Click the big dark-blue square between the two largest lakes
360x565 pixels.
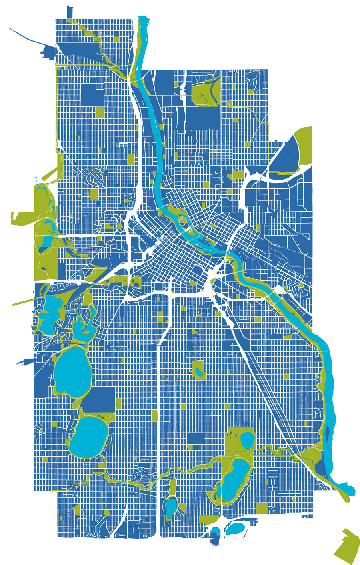(x=98, y=400)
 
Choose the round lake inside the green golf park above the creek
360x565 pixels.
(x=247, y=439)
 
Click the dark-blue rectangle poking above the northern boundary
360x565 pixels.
(x=70, y=12)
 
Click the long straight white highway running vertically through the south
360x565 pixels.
(x=160, y=440)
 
